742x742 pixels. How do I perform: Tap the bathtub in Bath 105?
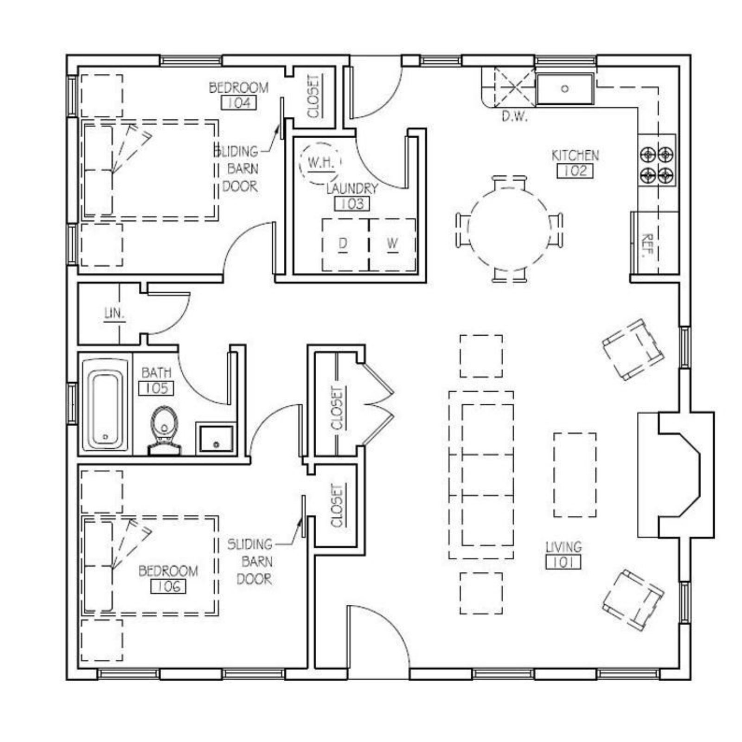(105, 404)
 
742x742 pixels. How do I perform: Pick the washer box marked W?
(392, 244)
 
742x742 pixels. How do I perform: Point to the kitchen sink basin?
(565, 89)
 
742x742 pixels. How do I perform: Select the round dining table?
(509, 228)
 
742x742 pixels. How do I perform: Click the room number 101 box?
(563, 563)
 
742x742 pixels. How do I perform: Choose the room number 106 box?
(168, 586)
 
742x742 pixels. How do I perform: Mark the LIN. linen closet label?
(115, 314)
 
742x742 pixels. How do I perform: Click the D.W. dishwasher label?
(515, 116)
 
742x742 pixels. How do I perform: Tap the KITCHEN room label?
(575, 155)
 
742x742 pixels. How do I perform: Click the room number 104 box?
(239, 102)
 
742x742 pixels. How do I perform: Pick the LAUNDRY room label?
(352, 188)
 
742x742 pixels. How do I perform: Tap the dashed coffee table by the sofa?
(575, 475)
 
